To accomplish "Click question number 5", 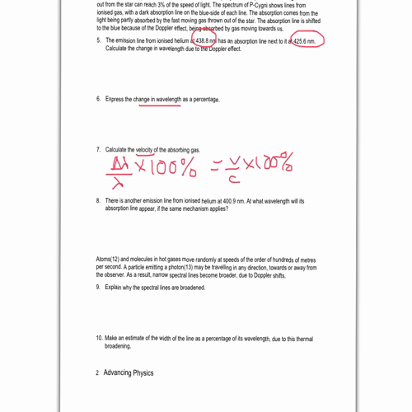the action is click(99, 40).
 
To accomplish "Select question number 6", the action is click(99, 100).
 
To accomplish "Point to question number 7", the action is click(99, 150).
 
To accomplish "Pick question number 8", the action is click(99, 201).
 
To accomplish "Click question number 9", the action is click(99, 288).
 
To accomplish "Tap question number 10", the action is click(100, 338).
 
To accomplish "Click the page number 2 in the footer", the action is click(97, 372).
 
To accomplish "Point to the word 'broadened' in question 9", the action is click(190, 288).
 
